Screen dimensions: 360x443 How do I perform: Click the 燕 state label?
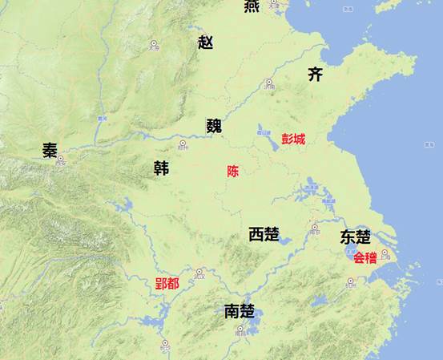[x=252, y=6]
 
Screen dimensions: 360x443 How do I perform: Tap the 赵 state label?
[x=206, y=42]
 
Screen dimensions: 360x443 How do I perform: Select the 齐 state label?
[x=316, y=75]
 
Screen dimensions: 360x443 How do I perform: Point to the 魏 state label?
[x=214, y=125]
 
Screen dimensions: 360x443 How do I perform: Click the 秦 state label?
[x=50, y=151]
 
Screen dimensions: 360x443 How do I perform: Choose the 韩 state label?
[x=161, y=168]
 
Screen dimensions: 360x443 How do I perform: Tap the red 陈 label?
[x=233, y=171]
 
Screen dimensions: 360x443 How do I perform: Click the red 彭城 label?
[x=293, y=139]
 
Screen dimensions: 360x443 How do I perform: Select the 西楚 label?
[x=264, y=235]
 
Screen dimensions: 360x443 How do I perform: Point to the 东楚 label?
[x=355, y=237]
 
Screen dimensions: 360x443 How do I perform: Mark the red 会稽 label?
[x=364, y=258]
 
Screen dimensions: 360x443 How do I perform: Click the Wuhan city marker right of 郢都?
[x=199, y=272]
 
